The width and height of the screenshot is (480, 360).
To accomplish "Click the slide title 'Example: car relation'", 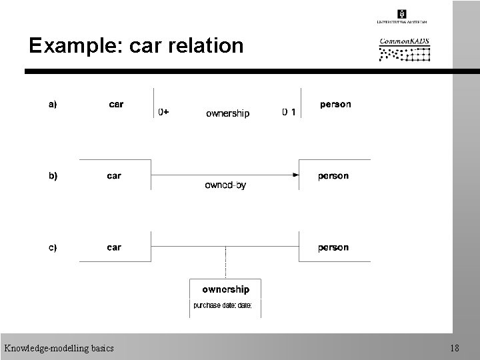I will tap(136, 45).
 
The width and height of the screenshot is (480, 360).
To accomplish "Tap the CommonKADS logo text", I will tap(404, 42).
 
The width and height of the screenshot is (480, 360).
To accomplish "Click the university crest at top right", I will tap(401, 13).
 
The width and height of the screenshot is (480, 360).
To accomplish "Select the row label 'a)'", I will tap(52, 104).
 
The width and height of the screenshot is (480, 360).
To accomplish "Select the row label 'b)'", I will tap(52, 176).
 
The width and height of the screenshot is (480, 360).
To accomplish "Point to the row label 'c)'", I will tap(52, 247).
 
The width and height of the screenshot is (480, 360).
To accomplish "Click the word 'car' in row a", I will tap(116, 104).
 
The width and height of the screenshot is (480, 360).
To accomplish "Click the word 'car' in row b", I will tap(114, 176).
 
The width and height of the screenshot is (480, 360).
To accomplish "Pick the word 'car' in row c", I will tap(114, 247).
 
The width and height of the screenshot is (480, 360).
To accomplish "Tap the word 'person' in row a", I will tap(335, 104).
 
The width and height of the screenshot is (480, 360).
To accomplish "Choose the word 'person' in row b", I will tap(333, 176).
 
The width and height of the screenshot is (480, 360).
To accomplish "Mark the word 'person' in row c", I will tap(333, 247).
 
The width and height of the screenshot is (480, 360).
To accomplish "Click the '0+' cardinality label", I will tap(163, 113).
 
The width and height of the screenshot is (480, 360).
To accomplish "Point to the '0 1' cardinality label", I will tap(289, 113).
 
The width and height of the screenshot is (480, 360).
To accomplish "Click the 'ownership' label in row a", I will tap(227, 113).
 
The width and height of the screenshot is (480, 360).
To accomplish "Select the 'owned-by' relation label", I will tap(225, 185).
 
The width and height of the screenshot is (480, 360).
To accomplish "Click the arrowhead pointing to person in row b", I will tap(294, 175).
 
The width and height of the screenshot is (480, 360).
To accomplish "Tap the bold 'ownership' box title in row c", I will tap(226, 289).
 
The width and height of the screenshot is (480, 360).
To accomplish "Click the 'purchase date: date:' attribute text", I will tap(223, 305).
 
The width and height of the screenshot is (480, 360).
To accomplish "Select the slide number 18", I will tap(454, 348).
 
